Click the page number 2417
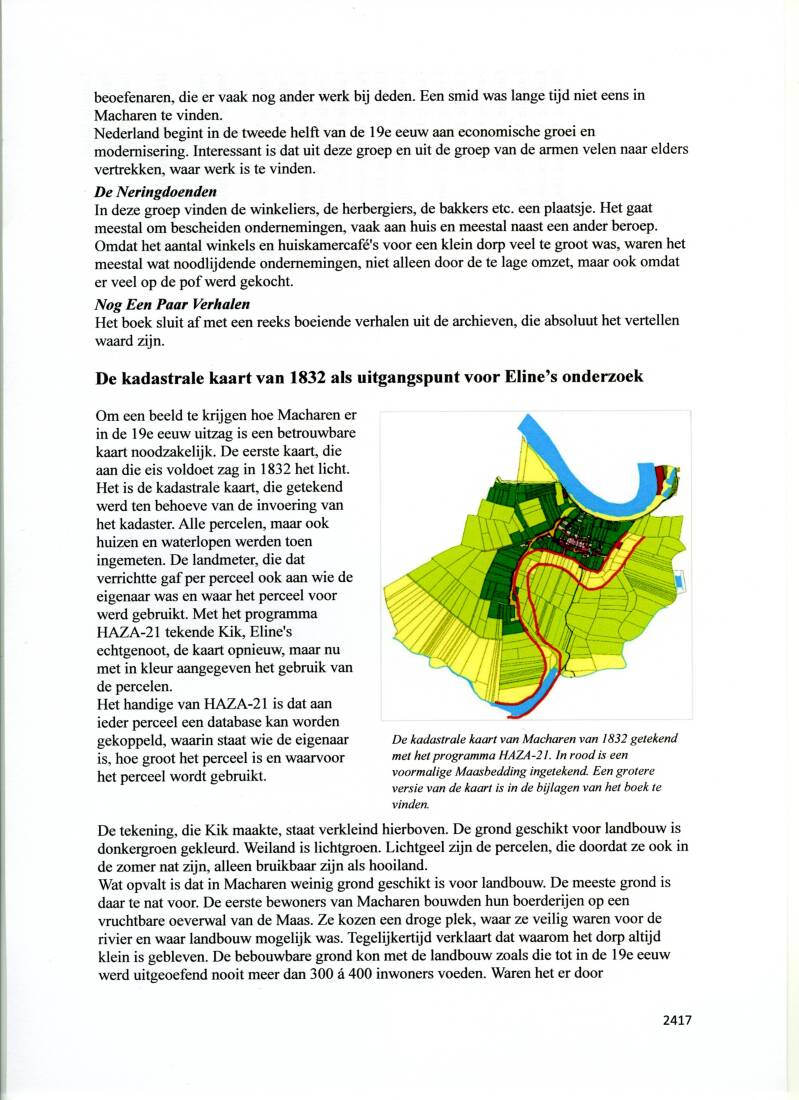click(676, 1020)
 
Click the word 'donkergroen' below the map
click(142, 849)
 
